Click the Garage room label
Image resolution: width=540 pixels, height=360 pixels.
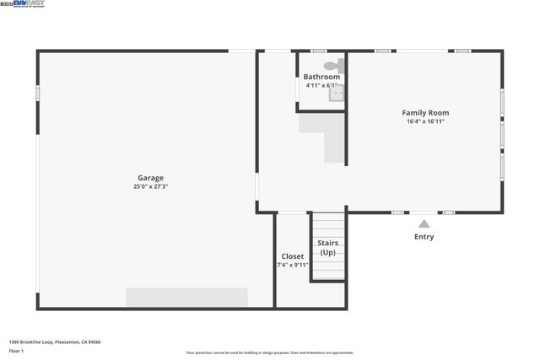click(151, 178)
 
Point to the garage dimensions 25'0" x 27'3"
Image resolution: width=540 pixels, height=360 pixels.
click(151, 187)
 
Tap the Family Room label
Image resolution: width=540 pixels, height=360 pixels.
click(425, 112)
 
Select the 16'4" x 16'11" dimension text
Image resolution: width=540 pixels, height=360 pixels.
click(425, 121)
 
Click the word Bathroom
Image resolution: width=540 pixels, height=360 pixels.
click(321, 77)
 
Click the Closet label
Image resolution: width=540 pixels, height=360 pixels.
click(293, 256)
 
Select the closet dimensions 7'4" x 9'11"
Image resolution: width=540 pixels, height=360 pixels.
click(293, 265)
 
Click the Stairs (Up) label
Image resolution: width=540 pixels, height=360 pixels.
click(327, 248)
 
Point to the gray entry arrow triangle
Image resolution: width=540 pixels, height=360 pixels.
click(424, 223)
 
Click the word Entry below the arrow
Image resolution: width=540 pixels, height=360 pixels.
click(424, 237)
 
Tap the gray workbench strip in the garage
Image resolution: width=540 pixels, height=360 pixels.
click(186, 297)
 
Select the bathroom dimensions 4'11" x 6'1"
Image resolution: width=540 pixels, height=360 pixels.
click(321, 85)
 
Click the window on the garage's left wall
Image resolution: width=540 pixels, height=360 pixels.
click(38, 93)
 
